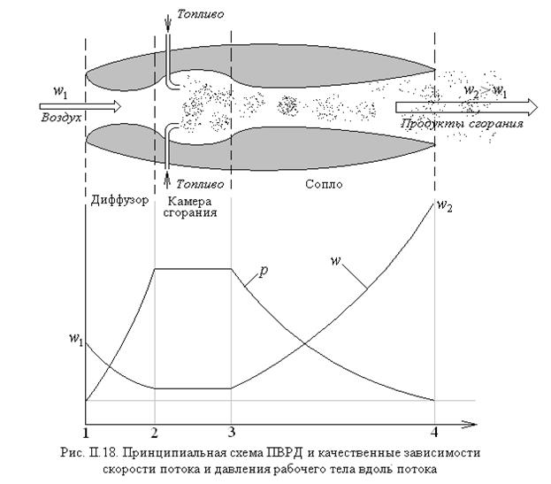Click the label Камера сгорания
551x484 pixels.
pos(192,206)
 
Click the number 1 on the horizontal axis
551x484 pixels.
pos(85,432)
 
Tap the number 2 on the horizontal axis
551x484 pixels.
pos(155,432)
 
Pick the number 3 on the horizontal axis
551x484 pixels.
pos(231,432)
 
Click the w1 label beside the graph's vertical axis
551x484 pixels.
pos(74,339)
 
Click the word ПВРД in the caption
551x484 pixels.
pos(302,450)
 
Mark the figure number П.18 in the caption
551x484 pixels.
pos(140,450)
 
